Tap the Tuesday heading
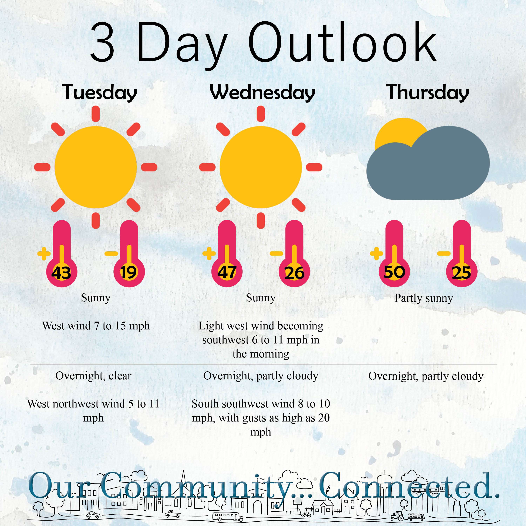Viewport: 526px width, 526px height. pyautogui.click(x=99, y=93)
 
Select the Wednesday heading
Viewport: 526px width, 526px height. pyautogui.click(x=262, y=93)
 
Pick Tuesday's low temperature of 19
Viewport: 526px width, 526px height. pyautogui.click(x=129, y=272)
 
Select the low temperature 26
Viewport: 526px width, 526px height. pyautogui.click(x=294, y=273)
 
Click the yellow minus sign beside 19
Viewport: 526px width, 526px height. pyautogui.click(x=111, y=254)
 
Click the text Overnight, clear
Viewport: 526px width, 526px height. pyautogui.click(x=93, y=376)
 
